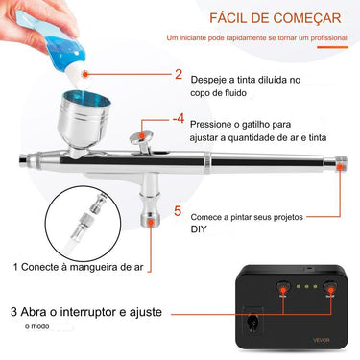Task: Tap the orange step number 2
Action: (x=179, y=74)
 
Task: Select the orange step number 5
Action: (x=178, y=211)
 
